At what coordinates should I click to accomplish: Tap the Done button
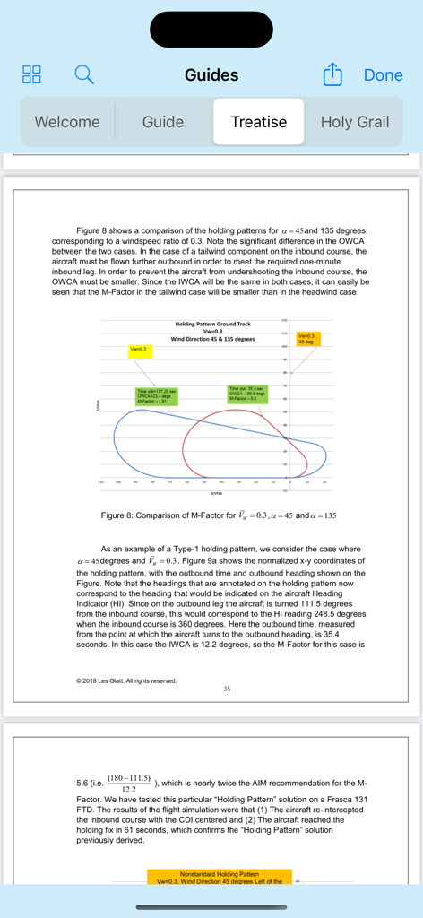[383, 75]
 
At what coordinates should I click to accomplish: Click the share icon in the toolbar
[332, 75]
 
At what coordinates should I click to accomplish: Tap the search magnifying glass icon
[83, 75]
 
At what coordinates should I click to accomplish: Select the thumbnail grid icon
[32, 75]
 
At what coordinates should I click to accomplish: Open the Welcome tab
[67, 122]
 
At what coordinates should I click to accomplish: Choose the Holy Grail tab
[355, 122]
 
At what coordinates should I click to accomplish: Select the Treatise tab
[259, 122]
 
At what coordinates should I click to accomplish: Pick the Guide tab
[163, 122]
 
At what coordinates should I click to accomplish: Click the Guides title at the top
[211, 75]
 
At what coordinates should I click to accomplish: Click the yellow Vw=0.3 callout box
[139, 348]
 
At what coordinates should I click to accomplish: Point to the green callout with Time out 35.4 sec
[245, 393]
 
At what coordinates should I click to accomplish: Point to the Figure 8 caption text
[219, 515]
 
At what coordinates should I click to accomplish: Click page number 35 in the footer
[228, 688]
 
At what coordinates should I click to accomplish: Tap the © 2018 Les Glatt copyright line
[126, 680]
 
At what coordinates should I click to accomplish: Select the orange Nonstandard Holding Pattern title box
[220, 877]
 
